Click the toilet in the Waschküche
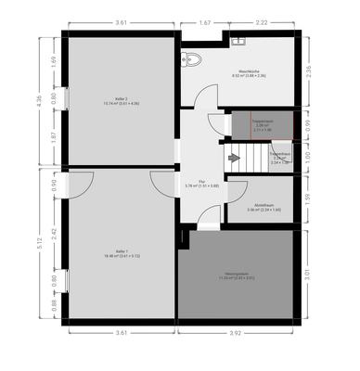point(191,61)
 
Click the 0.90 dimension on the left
point(55,184)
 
